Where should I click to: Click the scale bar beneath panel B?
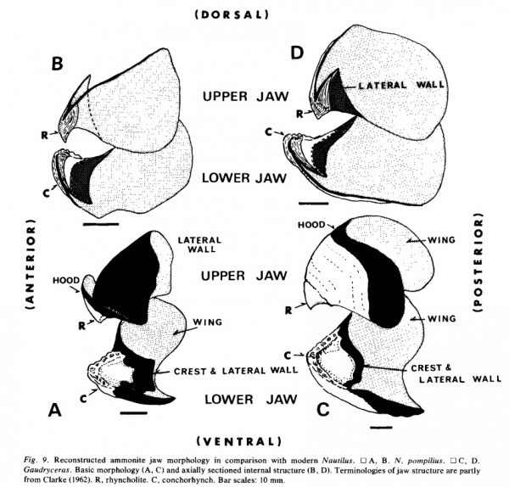click(102, 225)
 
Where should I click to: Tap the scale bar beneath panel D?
click(313, 204)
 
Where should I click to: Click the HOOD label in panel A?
click(65, 277)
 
